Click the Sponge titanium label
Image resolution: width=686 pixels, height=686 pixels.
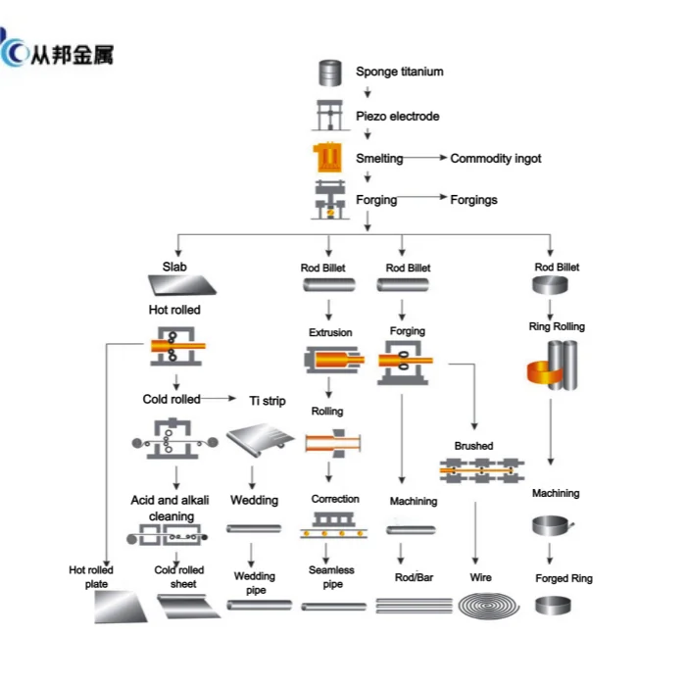399,72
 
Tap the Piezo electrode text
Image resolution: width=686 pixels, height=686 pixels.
397,117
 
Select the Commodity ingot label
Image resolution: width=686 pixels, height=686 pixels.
495,158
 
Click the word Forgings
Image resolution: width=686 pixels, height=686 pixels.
473,200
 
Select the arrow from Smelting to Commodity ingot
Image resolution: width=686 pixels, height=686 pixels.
423,158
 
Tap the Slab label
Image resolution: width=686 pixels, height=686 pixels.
175,267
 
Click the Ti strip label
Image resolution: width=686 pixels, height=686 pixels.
266,401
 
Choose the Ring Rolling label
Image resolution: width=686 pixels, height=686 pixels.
556,326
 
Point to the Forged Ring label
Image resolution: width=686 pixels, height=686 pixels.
563,578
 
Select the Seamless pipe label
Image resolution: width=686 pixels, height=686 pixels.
331,577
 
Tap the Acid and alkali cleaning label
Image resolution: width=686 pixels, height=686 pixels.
171,509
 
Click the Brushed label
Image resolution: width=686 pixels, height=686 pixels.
473,446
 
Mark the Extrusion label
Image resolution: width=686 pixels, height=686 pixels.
330,332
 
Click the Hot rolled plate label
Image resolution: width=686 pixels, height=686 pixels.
91,577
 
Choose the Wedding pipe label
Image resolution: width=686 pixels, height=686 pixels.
255,583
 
